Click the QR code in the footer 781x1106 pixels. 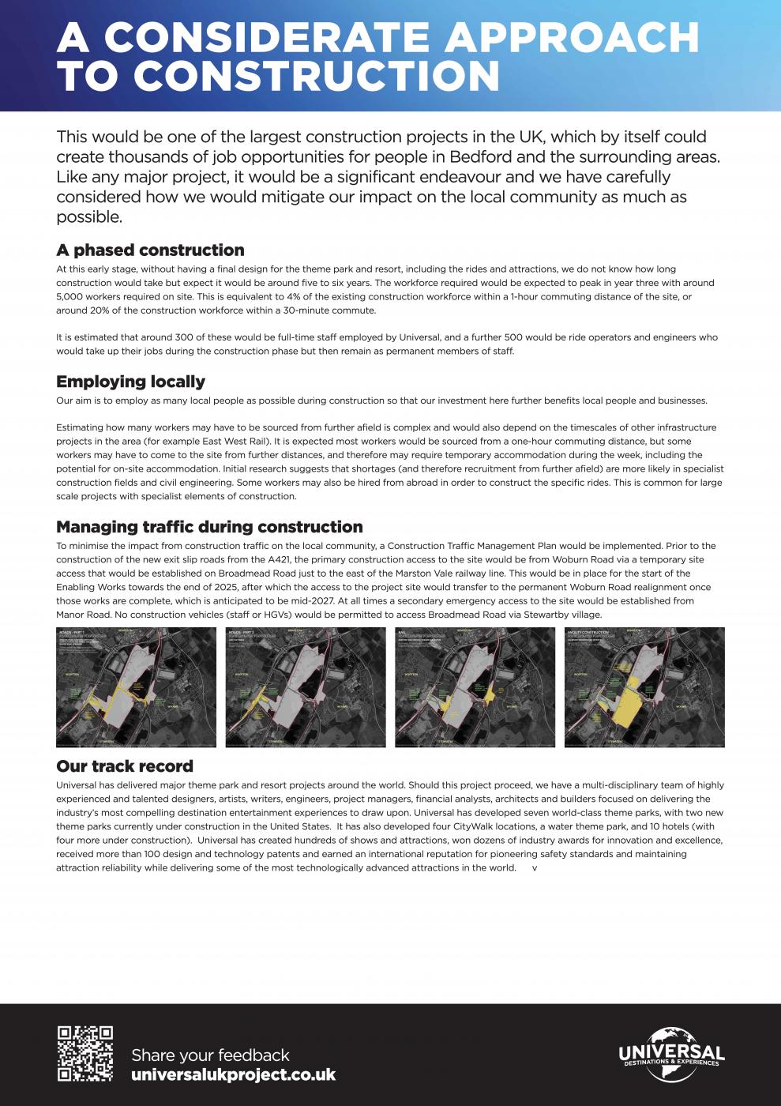85,1054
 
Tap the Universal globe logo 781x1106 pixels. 671,1053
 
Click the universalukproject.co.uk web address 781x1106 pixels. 233,1075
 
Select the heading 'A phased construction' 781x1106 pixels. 150,250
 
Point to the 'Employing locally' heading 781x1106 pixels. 130,382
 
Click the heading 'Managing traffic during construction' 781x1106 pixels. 209,527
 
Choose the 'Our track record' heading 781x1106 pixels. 125,766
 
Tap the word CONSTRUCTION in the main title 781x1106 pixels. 317,77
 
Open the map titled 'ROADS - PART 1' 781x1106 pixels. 136,687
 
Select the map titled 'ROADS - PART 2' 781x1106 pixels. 306,687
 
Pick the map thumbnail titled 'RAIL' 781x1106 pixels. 475,687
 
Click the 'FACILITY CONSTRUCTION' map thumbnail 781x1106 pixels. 644,687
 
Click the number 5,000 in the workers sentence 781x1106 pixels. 69,297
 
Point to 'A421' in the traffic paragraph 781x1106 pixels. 280,559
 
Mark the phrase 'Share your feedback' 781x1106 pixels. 210,1055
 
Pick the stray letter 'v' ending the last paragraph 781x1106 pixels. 535,868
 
